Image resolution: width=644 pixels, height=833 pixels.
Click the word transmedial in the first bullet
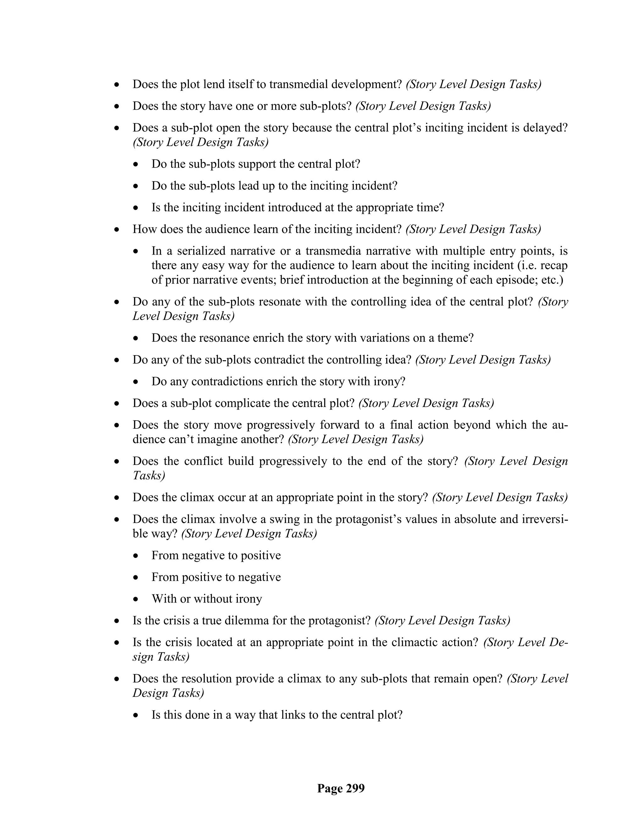pos(299,84)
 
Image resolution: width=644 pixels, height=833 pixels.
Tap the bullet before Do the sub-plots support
pos(136,165)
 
